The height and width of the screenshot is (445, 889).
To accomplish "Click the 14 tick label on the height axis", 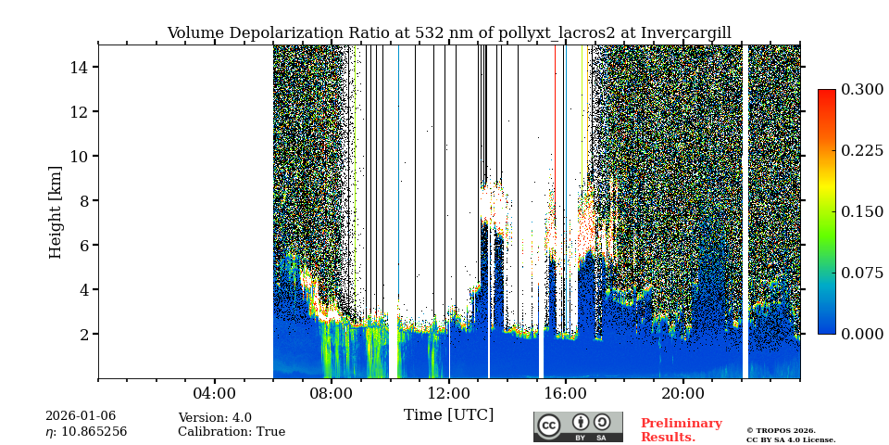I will pos(78,68).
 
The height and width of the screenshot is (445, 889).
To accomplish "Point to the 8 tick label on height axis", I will pos(82,200).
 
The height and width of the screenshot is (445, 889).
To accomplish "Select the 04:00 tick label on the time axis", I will pos(215,393).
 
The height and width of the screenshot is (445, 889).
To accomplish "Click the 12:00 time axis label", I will pos(449,393).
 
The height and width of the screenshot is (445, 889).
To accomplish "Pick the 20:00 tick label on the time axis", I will pos(683,393).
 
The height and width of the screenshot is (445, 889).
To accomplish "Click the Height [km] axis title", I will pos(56,211).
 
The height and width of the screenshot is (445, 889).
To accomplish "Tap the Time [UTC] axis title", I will pos(449,414).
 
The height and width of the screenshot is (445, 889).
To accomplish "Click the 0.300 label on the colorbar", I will pos(862,90).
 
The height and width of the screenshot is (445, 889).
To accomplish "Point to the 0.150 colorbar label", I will pos(862,211).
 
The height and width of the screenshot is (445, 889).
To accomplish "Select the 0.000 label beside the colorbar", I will pos(862,334).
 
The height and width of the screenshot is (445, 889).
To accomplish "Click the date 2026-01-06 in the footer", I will pos(81,416).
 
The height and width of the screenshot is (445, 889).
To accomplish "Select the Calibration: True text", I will pos(232,432).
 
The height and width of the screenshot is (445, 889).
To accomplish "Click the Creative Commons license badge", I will pos(578,426).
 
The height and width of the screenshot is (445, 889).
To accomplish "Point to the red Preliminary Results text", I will pos(681,430).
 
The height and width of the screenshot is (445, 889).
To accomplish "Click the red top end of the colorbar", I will pos(826,94).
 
